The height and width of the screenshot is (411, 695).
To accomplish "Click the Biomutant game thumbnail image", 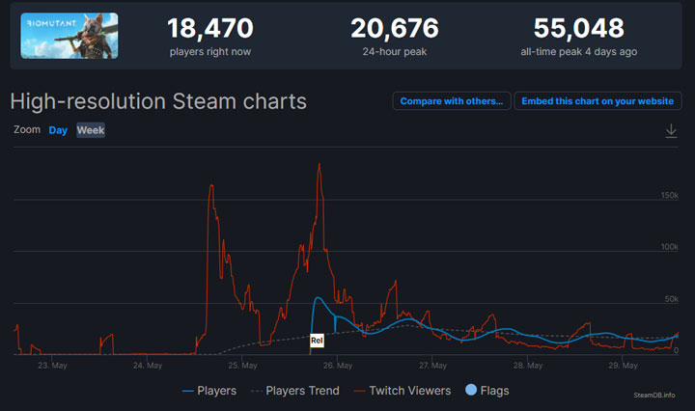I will [x=69, y=36].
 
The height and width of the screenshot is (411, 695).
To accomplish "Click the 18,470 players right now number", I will [x=210, y=28].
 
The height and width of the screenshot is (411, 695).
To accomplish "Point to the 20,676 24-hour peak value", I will [x=394, y=28].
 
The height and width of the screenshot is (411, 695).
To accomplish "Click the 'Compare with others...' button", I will [x=451, y=101].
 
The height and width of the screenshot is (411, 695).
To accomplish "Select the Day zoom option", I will [x=58, y=130].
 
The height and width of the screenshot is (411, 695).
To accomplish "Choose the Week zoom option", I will [x=91, y=130].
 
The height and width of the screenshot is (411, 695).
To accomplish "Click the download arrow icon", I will [x=671, y=131].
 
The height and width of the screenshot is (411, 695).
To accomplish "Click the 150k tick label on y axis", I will [x=669, y=196].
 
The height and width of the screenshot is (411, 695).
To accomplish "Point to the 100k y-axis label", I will [x=669, y=248].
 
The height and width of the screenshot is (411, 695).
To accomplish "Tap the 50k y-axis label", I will [x=672, y=300].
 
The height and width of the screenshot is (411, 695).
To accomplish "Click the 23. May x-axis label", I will [x=51, y=366].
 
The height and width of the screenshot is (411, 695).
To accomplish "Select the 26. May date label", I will [x=338, y=366].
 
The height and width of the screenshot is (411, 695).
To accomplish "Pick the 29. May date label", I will [x=624, y=366].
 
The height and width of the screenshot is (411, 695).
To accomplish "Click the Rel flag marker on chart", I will [x=317, y=341].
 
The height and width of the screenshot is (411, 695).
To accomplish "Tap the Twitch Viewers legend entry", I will [x=403, y=391].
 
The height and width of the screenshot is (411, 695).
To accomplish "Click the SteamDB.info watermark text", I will [x=654, y=395].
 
